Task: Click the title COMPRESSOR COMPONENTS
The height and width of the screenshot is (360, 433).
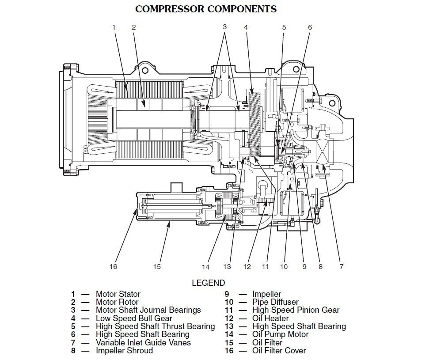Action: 205,9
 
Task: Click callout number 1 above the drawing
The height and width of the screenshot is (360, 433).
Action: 114,27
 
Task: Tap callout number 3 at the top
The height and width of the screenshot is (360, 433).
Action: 224,27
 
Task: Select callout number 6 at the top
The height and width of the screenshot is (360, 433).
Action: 310,27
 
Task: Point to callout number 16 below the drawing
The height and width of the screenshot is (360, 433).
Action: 114,266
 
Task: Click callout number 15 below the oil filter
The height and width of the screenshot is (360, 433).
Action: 157,266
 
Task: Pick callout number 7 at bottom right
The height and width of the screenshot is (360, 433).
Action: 341,266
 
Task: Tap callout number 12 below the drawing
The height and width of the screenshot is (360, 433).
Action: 247,266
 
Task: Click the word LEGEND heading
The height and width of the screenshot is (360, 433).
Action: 208,283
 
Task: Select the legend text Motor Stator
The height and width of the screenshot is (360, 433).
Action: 118,294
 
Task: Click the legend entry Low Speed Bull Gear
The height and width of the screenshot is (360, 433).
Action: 134,318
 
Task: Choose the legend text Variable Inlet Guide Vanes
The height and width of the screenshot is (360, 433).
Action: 143,342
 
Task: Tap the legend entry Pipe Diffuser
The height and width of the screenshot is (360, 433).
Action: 276,302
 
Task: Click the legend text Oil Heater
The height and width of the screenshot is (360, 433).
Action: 270,318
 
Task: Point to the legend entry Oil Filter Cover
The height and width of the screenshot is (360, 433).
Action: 279,351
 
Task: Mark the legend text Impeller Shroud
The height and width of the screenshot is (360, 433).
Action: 124,351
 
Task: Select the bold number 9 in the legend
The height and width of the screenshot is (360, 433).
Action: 226,294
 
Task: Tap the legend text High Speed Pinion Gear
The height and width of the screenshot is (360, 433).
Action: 296,310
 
